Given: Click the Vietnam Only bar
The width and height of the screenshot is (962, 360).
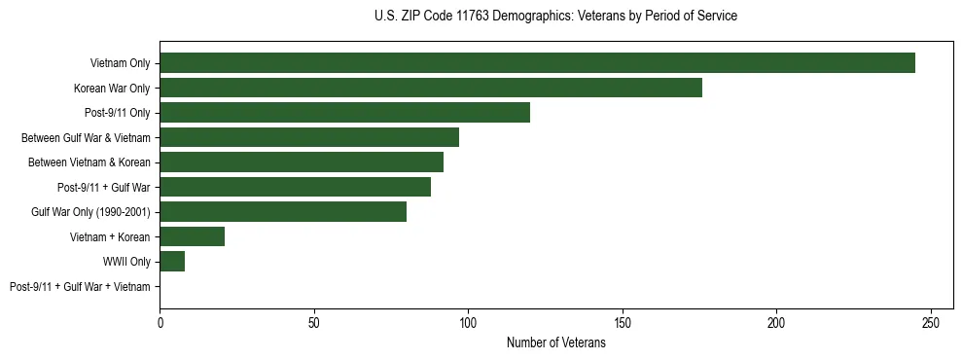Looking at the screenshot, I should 537,63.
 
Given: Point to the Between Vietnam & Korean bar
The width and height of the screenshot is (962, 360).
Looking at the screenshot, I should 302,162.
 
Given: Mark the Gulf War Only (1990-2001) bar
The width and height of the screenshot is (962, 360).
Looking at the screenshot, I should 283,212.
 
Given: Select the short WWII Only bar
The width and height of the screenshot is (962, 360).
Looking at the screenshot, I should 172,261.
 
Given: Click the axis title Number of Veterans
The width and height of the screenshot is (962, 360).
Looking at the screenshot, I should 556,342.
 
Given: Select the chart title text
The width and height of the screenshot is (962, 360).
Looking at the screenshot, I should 555,17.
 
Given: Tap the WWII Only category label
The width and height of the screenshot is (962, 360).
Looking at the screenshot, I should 126,262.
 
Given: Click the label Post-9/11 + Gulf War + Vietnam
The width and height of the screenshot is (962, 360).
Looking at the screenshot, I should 80,286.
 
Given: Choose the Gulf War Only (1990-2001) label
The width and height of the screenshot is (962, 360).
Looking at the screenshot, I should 95,212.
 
